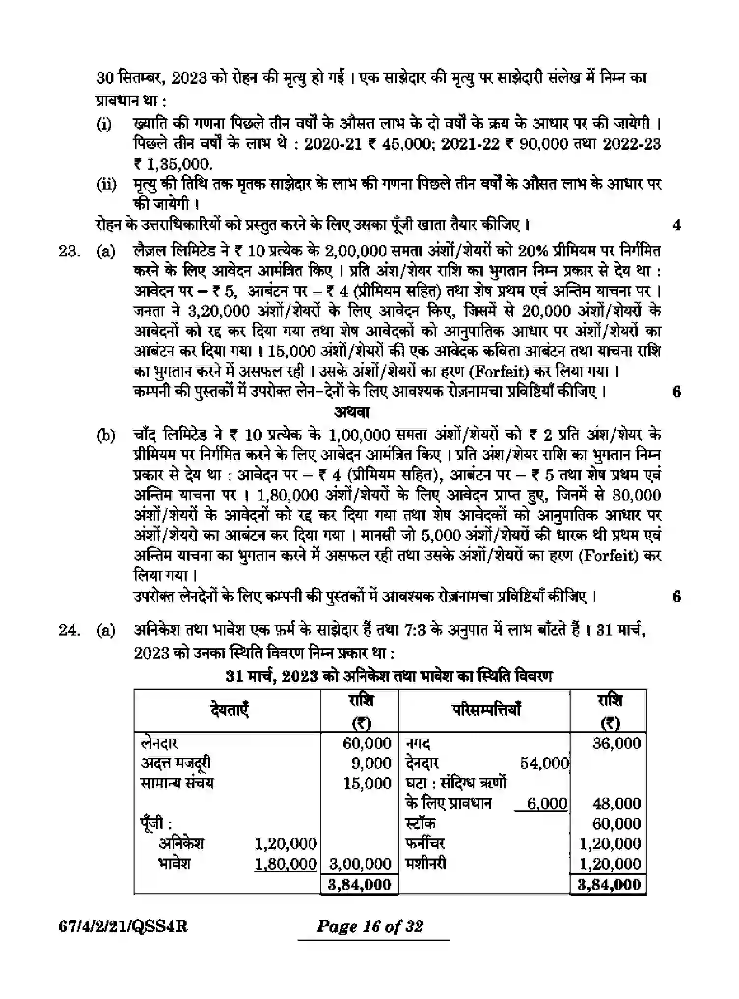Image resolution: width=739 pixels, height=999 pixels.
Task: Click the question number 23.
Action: [68, 251]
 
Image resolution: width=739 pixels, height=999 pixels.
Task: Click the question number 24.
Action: [68, 630]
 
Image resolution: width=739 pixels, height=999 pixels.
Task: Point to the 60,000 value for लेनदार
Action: [367, 743]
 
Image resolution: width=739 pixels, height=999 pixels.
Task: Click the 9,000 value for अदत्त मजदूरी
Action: [372, 763]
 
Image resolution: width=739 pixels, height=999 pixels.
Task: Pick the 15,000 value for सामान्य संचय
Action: [367, 783]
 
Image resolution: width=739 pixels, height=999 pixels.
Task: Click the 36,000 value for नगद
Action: [616, 743]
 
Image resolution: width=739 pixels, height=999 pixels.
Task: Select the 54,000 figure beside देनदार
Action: [544, 763]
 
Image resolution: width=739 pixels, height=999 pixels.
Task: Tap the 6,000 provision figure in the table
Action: [547, 804]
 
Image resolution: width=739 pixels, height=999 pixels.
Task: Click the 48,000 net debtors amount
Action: [616, 804]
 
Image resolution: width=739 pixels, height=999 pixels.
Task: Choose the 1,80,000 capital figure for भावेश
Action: [285, 863]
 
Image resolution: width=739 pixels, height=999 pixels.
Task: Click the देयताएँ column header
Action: [229, 710]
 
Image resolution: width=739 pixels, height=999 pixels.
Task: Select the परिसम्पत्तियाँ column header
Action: [486, 710]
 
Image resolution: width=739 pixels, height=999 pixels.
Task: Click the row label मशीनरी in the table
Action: [426, 863]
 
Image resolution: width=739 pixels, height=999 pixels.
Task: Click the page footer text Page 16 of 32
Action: [370, 926]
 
